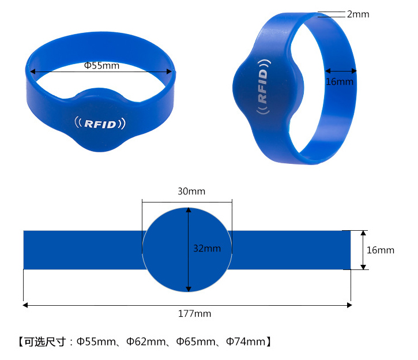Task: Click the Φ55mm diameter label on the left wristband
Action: click(x=101, y=65)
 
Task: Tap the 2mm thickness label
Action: click(x=358, y=14)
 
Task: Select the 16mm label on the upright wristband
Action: click(x=340, y=81)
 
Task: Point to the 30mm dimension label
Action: click(x=191, y=191)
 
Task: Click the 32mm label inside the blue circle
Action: click(x=207, y=248)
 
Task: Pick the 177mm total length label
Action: click(x=195, y=314)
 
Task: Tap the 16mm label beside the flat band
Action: click(x=381, y=250)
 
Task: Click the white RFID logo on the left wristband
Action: click(x=100, y=123)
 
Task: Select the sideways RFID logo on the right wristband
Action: click(x=263, y=87)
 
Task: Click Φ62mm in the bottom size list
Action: click(x=146, y=342)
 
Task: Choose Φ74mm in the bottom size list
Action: click(x=246, y=342)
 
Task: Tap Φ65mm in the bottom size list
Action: click(x=195, y=342)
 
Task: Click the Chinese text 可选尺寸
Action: click(x=45, y=342)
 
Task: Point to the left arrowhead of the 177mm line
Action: click(x=25, y=305)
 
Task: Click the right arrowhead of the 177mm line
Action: click(x=349, y=305)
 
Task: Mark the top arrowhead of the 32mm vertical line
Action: click(x=189, y=210)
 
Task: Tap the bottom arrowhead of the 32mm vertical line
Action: click(x=189, y=289)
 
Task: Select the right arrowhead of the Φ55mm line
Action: click(x=169, y=72)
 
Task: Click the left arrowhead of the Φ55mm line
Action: click(x=33, y=72)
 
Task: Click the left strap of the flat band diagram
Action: click(x=82, y=250)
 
